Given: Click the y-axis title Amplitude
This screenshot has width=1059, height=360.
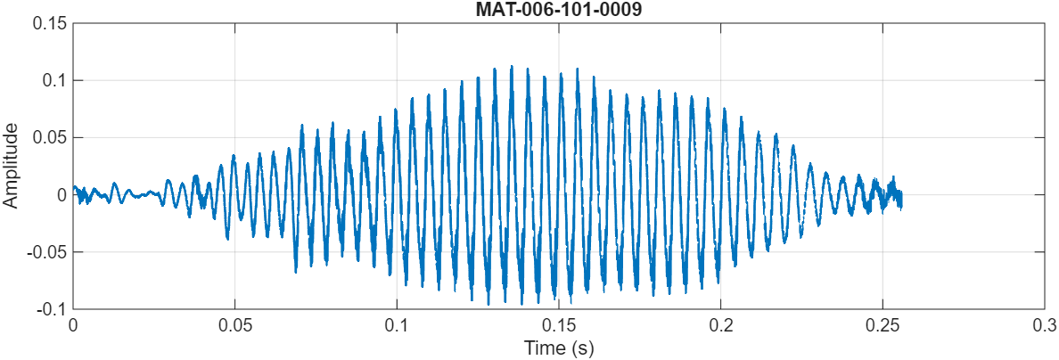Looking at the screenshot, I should click(x=11, y=166).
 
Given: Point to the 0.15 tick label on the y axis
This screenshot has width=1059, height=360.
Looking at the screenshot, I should click(x=50, y=23).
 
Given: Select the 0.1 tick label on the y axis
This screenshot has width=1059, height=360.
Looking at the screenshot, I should click(x=54, y=80).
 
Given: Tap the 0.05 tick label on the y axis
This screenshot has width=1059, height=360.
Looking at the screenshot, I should click(x=50, y=137).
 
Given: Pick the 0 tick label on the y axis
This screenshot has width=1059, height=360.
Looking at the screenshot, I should click(x=62, y=194).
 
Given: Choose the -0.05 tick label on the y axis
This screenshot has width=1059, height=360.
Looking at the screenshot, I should click(x=47, y=251).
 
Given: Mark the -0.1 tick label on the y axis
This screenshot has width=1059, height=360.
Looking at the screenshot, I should click(x=52, y=308).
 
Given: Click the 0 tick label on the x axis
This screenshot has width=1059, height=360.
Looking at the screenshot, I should click(x=73, y=325).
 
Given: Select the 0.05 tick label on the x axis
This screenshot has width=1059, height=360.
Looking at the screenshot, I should click(x=234, y=325).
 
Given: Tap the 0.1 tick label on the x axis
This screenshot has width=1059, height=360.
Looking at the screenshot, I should click(x=397, y=325).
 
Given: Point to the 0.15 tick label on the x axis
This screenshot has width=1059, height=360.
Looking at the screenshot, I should click(x=559, y=325).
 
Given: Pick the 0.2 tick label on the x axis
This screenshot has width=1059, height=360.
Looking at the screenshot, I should click(x=721, y=325).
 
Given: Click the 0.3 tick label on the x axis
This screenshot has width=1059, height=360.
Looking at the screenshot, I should click(x=1045, y=325).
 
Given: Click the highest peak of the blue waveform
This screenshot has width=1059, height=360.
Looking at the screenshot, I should click(x=511, y=66).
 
